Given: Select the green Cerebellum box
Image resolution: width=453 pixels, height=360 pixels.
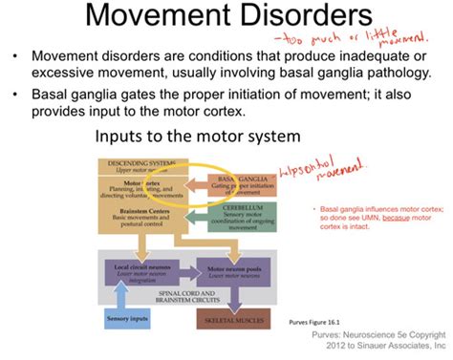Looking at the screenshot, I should click(242, 222).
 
